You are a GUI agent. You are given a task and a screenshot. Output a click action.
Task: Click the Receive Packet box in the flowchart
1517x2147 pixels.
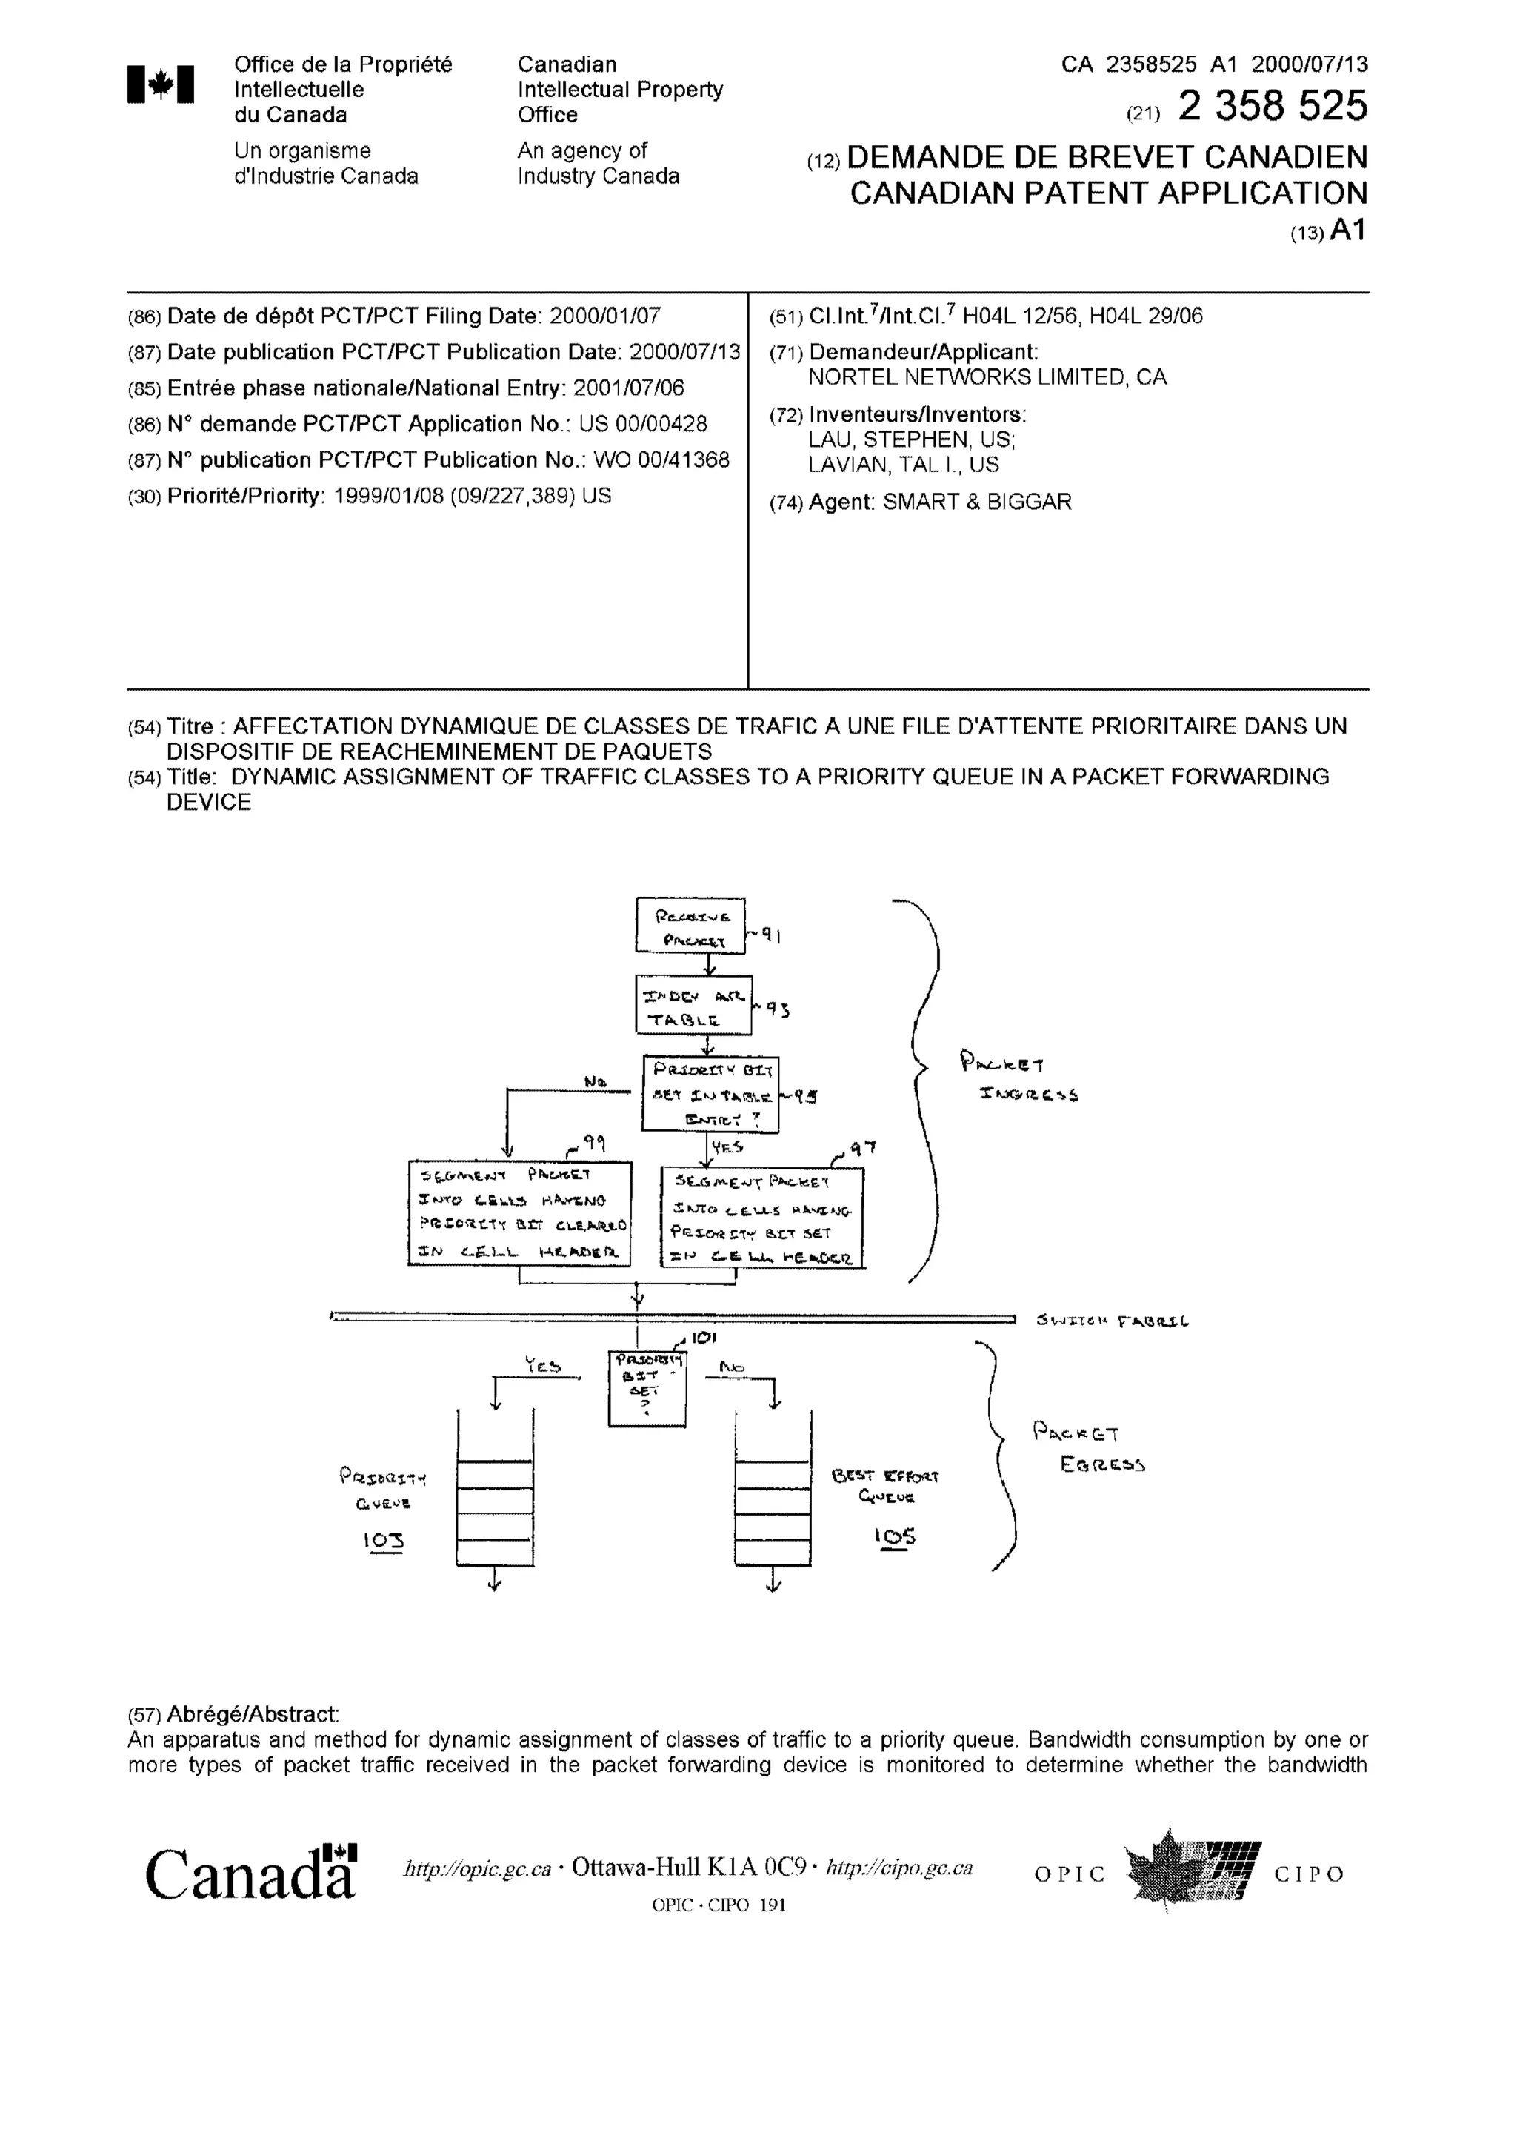tap(690, 925)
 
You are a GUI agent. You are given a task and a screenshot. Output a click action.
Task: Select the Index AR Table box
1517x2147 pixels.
tap(693, 1005)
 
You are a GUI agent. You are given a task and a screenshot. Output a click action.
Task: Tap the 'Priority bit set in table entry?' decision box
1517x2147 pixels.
tap(710, 1093)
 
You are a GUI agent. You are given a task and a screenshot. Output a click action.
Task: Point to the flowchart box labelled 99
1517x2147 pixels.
tap(520, 1213)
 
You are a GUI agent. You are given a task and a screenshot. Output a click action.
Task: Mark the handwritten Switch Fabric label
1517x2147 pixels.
tap(1111, 1321)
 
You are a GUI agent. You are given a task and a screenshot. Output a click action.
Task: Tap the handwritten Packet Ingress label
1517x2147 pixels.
tap(1018, 1078)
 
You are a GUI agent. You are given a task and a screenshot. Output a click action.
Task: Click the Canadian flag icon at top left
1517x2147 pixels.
tap(161, 84)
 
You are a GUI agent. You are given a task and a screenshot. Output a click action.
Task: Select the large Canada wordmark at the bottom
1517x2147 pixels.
tap(250, 1874)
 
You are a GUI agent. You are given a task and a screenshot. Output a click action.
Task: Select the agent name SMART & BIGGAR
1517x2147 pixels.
tap(977, 502)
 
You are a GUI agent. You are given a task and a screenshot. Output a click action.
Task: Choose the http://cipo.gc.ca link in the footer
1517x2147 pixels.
tap(899, 1868)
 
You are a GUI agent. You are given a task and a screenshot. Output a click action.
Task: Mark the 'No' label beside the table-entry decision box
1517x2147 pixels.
tap(595, 1082)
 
